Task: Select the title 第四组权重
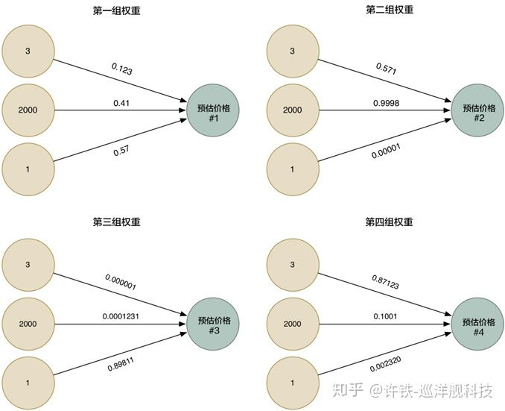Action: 389,222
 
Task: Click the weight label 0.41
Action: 121,102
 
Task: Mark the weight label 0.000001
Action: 121,282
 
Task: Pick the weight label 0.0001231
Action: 121,316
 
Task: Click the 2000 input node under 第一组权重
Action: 28,110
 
